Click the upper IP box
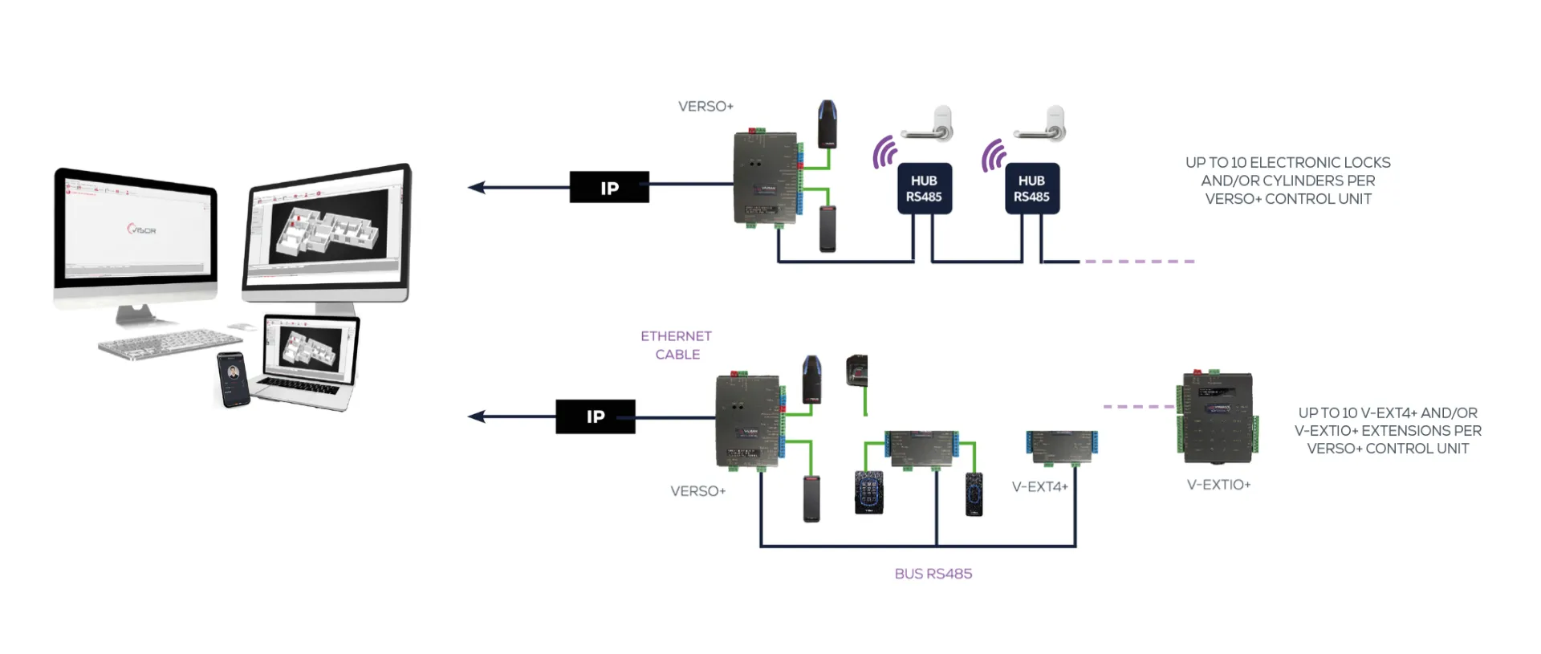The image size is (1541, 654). [x=609, y=187]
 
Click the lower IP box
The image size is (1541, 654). [x=595, y=416]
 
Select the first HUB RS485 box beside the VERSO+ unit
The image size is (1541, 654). [x=924, y=189]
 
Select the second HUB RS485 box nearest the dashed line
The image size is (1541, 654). [x=1031, y=189]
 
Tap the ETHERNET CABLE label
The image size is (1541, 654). [x=677, y=345]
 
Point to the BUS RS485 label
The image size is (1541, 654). [x=933, y=574]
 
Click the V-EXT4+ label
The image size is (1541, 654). [x=1039, y=486]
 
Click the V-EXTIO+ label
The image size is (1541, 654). [x=1218, y=485]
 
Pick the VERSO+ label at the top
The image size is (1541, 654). [x=705, y=106]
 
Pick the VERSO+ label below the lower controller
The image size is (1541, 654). [x=697, y=491]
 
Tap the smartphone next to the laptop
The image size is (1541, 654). [x=233, y=379]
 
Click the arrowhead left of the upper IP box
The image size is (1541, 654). [x=477, y=187]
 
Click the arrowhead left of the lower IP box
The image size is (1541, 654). [x=477, y=416]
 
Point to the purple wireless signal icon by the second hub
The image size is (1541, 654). [x=993, y=155]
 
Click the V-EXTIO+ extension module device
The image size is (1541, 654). [x=1217, y=417]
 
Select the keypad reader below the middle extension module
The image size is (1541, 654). [x=868, y=492]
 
